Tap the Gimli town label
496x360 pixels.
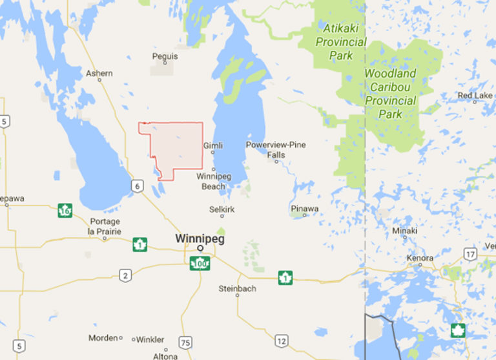213,145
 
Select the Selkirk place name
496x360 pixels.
222,209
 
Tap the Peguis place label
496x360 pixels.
165,56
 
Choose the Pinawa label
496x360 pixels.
304,209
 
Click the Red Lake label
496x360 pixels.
475,96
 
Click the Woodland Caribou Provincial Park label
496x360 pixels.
390,94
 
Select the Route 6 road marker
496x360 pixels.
138,186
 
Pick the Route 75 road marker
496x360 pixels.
186,343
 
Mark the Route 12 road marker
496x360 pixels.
281,341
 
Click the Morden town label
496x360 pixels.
103,338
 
